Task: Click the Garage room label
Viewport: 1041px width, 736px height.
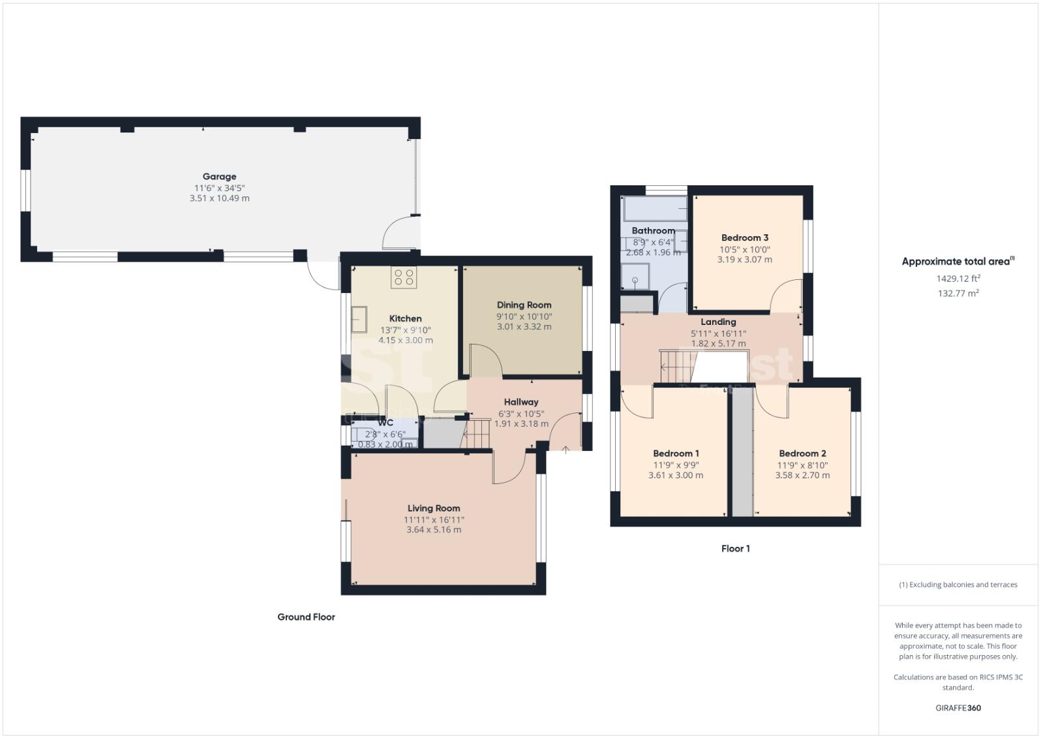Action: click(219, 176)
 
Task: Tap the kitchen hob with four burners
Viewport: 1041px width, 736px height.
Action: click(404, 277)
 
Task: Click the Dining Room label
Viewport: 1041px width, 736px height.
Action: click(524, 305)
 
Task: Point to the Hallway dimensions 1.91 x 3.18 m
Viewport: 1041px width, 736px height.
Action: click(521, 423)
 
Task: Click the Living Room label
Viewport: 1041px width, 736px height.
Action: click(434, 508)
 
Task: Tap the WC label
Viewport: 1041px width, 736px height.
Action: click(385, 423)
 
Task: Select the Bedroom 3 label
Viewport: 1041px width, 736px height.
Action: click(744, 238)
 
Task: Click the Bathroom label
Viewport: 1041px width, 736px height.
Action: click(653, 230)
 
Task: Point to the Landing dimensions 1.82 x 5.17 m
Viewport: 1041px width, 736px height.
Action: click(718, 343)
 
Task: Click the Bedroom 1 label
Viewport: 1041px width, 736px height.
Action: click(676, 453)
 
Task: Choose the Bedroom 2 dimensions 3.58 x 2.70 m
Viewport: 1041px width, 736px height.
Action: click(802, 476)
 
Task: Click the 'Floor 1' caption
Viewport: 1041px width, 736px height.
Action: click(735, 549)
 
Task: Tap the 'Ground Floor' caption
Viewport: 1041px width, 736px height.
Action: click(306, 617)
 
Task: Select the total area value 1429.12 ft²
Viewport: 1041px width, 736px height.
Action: click(958, 279)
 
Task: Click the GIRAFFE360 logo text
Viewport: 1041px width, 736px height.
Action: click(958, 708)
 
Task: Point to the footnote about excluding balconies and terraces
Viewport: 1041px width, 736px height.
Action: click(958, 585)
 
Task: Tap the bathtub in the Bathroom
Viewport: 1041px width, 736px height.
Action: click(655, 209)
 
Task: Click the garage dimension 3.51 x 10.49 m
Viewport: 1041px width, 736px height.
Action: click(219, 198)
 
